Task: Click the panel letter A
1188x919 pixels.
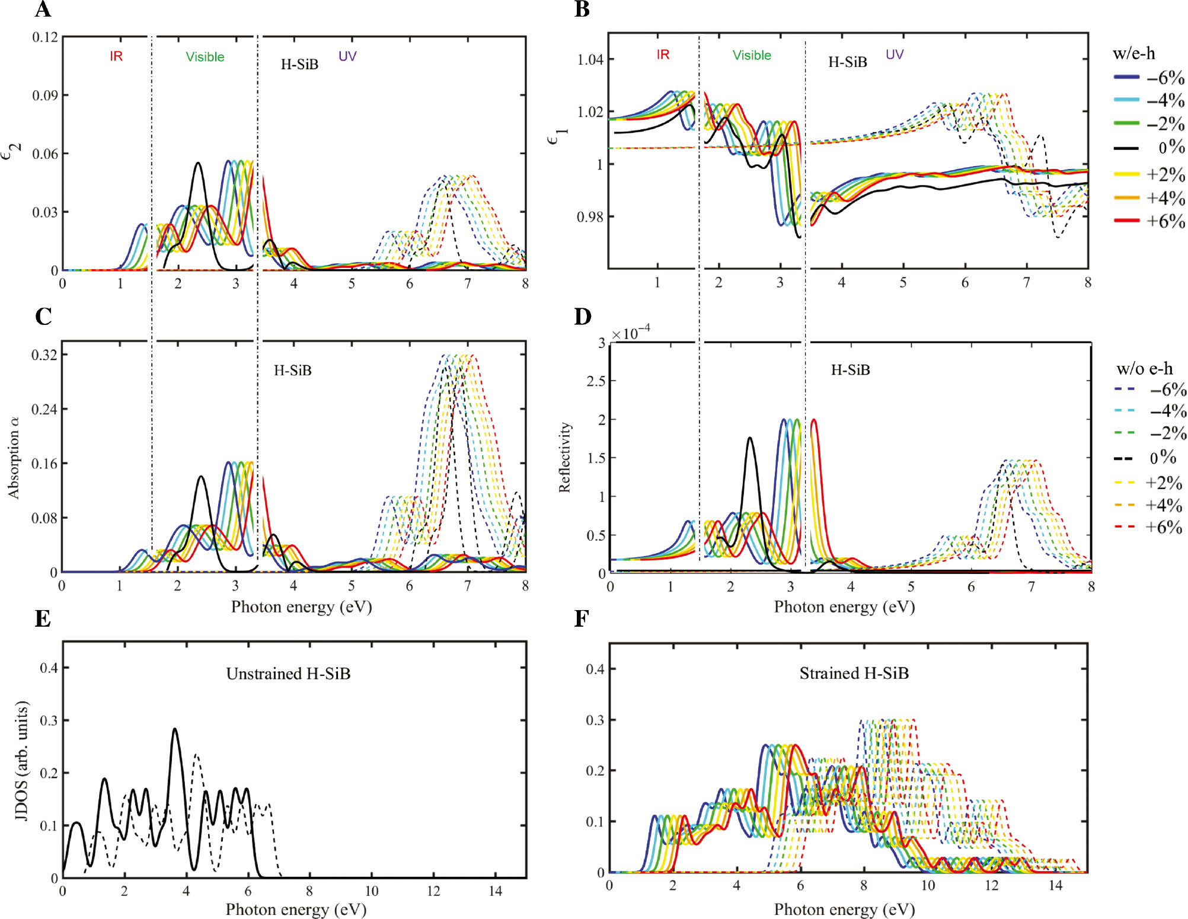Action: tap(43, 10)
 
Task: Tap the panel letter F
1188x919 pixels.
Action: tap(582, 619)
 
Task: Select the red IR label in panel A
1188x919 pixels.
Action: tap(116, 56)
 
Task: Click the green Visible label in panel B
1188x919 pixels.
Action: tap(752, 55)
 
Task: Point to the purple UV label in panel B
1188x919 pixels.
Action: tap(894, 55)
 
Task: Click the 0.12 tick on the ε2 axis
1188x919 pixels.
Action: tap(45, 37)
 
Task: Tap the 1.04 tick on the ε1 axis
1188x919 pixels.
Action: tap(590, 59)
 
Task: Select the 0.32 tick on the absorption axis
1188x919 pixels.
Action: tap(44, 355)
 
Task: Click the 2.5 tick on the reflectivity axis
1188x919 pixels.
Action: tap(596, 381)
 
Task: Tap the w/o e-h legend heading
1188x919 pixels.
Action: tap(1144, 369)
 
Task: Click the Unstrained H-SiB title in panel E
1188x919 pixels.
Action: tap(288, 674)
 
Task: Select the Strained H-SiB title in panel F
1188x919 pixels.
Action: tap(854, 673)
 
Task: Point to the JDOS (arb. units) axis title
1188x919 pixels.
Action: tap(21, 761)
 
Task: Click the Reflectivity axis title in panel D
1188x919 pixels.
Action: tap(564, 457)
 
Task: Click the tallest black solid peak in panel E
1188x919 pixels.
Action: tap(174, 730)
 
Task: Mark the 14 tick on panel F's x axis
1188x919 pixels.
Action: tap(1055, 885)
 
